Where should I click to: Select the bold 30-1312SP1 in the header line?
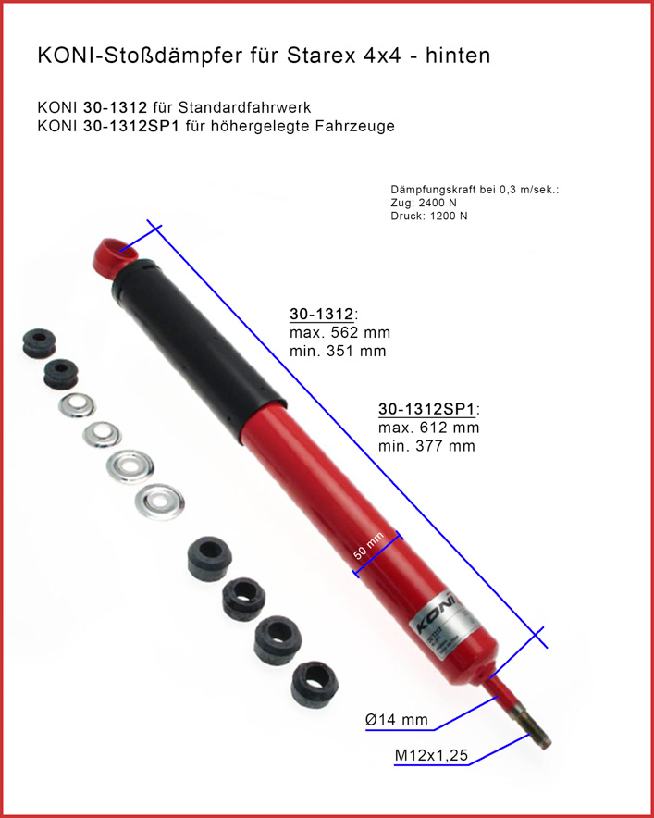(131, 126)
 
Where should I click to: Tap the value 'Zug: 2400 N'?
(424, 203)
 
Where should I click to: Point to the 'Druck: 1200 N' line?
(429, 216)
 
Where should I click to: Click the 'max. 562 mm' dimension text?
(340, 333)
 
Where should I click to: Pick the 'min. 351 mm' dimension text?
(338, 351)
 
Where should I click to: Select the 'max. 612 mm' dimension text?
(428, 428)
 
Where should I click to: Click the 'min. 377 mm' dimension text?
(426, 446)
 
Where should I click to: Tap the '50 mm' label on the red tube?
(369, 546)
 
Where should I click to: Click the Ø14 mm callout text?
(397, 720)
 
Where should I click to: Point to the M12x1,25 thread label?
(431, 755)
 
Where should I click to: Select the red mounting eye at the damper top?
(114, 256)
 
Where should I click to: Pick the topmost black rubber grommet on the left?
(39, 342)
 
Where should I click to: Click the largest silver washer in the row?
(160, 502)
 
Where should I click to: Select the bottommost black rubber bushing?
(315, 684)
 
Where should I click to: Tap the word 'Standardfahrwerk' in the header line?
(244, 108)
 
